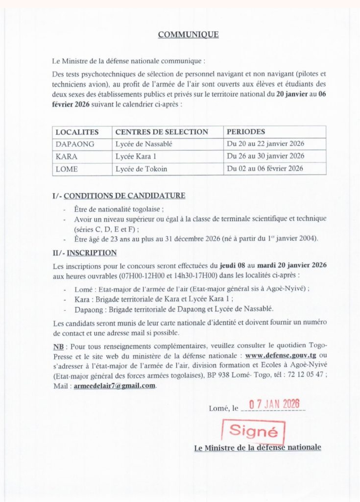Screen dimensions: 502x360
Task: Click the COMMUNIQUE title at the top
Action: click(x=188, y=34)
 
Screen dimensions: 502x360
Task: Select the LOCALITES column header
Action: click(x=77, y=132)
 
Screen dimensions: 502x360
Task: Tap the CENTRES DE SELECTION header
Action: click(x=162, y=132)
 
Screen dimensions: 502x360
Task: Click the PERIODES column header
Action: click(x=245, y=132)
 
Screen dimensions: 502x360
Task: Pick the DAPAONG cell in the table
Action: click(x=75, y=144)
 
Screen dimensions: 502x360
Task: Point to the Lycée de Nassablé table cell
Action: click(x=144, y=144)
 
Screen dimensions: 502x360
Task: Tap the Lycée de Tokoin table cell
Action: click(x=141, y=169)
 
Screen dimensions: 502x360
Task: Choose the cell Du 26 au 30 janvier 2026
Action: click(x=265, y=156)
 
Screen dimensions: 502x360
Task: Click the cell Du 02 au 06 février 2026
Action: click(x=264, y=169)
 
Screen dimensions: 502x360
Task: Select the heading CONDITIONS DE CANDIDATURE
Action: click(x=124, y=196)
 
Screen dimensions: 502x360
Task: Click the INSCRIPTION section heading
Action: click(x=92, y=253)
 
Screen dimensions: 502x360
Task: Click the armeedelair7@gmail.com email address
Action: click(x=115, y=386)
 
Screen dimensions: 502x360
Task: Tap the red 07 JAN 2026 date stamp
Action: click(x=274, y=405)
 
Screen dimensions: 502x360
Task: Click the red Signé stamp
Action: click(x=253, y=431)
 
